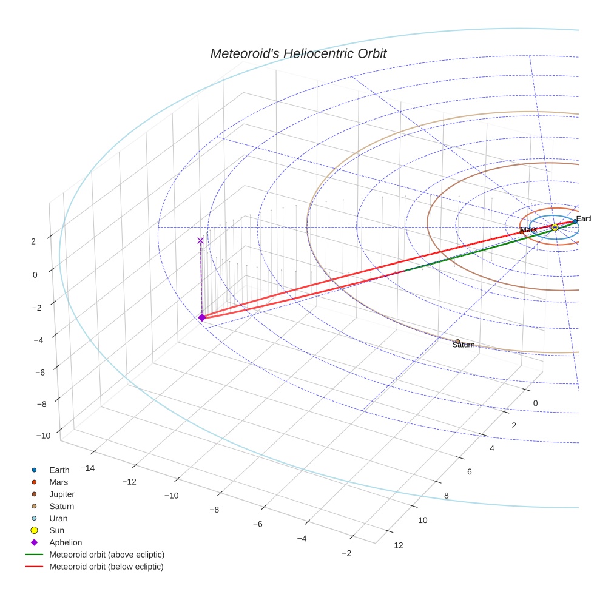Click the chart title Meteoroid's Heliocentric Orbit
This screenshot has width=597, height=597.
pyautogui.click(x=298, y=53)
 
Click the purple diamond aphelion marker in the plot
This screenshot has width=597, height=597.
pyautogui.click(x=202, y=317)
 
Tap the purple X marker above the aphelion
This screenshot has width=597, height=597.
pyautogui.click(x=200, y=241)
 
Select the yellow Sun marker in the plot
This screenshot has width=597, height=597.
pyautogui.click(x=555, y=228)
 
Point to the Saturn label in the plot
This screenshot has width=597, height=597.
pyautogui.click(x=464, y=345)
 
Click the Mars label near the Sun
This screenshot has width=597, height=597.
pyautogui.click(x=528, y=230)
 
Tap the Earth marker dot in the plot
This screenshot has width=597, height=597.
pyautogui.click(x=575, y=221)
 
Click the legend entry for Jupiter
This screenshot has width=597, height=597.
pyautogui.click(x=61, y=494)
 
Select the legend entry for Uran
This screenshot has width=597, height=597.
pyautogui.click(x=58, y=519)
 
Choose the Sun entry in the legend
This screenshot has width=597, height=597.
pyautogui.click(x=56, y=531)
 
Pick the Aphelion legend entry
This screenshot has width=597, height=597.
pyautogui.click(x=65, y=543)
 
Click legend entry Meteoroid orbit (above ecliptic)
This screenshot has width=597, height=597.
pyautogui.click(x=106, y=555)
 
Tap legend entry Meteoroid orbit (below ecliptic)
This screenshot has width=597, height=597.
pyautogui.click(x=106, y=567)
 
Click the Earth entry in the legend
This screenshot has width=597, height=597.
pyautogui.click(x=59, y=470)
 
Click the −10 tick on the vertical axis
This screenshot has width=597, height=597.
pyautogui.click(x=43, y=436)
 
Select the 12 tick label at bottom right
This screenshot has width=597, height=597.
pyautogui.click(x=398, y=545)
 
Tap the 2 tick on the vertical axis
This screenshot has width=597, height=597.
pyautogui.click(x=33, y=241)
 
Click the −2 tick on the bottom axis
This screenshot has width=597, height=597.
pyautogui.click(x=346, y=553)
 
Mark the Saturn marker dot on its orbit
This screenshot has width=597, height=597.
pyautogui.click(x=457, y=342)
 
